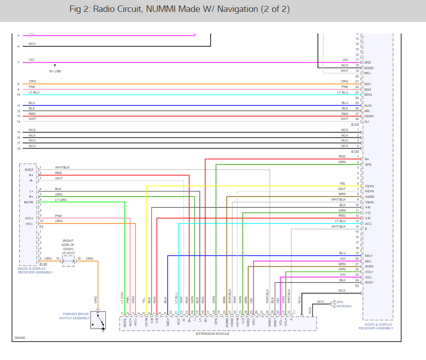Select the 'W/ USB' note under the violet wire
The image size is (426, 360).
tap(55, 71)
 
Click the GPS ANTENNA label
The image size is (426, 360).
tap(344, 304)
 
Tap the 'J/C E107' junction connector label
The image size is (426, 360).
tap(69, 252)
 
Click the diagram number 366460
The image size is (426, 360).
tap(19, 338)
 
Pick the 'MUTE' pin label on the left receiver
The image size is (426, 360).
tap(28, 202)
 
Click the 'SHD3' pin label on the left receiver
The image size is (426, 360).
tap(28, 170)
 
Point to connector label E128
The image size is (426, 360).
tap(43, 264)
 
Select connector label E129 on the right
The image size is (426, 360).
tap(355, 125)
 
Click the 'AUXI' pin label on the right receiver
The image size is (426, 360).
tap(368, 105)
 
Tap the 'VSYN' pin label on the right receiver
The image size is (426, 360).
tap(369, 186)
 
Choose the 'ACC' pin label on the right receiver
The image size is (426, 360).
tap(368, 224)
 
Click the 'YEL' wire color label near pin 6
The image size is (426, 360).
tap(342, 183)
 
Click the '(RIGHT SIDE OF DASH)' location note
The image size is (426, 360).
tap(68, 245)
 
